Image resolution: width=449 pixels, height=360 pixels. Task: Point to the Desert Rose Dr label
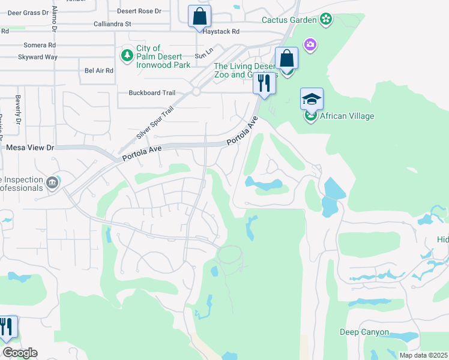coord(139,11)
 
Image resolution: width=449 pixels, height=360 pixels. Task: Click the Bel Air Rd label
coord(99,71)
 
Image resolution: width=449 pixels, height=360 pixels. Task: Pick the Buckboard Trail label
coord(152,93)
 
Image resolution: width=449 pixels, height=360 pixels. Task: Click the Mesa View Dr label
coord(30,147)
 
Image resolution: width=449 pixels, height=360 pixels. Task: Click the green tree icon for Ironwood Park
coord(127,56)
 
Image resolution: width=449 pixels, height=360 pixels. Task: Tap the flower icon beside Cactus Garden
coord(325,20)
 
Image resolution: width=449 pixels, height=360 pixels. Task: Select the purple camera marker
coord(310,44)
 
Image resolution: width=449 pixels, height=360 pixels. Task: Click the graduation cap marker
coord(312,99)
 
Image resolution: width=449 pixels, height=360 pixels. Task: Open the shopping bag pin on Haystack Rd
coord(199,17)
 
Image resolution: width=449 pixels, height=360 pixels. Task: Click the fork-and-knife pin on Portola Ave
coord(264,83)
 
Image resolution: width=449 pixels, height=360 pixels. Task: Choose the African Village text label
coord(347,116)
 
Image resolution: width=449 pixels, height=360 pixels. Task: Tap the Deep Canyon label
coord(364,332)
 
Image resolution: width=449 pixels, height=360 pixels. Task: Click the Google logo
coord(19,353)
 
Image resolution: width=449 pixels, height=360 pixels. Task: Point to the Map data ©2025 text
coord(423,355)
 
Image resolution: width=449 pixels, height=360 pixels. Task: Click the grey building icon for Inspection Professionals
coord(52,182)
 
